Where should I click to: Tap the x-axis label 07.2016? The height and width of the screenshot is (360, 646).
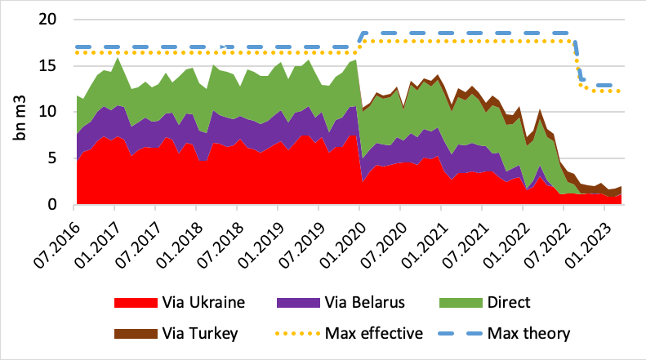tap(60, 238)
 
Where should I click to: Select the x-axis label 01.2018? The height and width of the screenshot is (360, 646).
tap(182, 238)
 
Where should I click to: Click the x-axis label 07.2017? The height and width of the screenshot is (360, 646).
tap(141, 238)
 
